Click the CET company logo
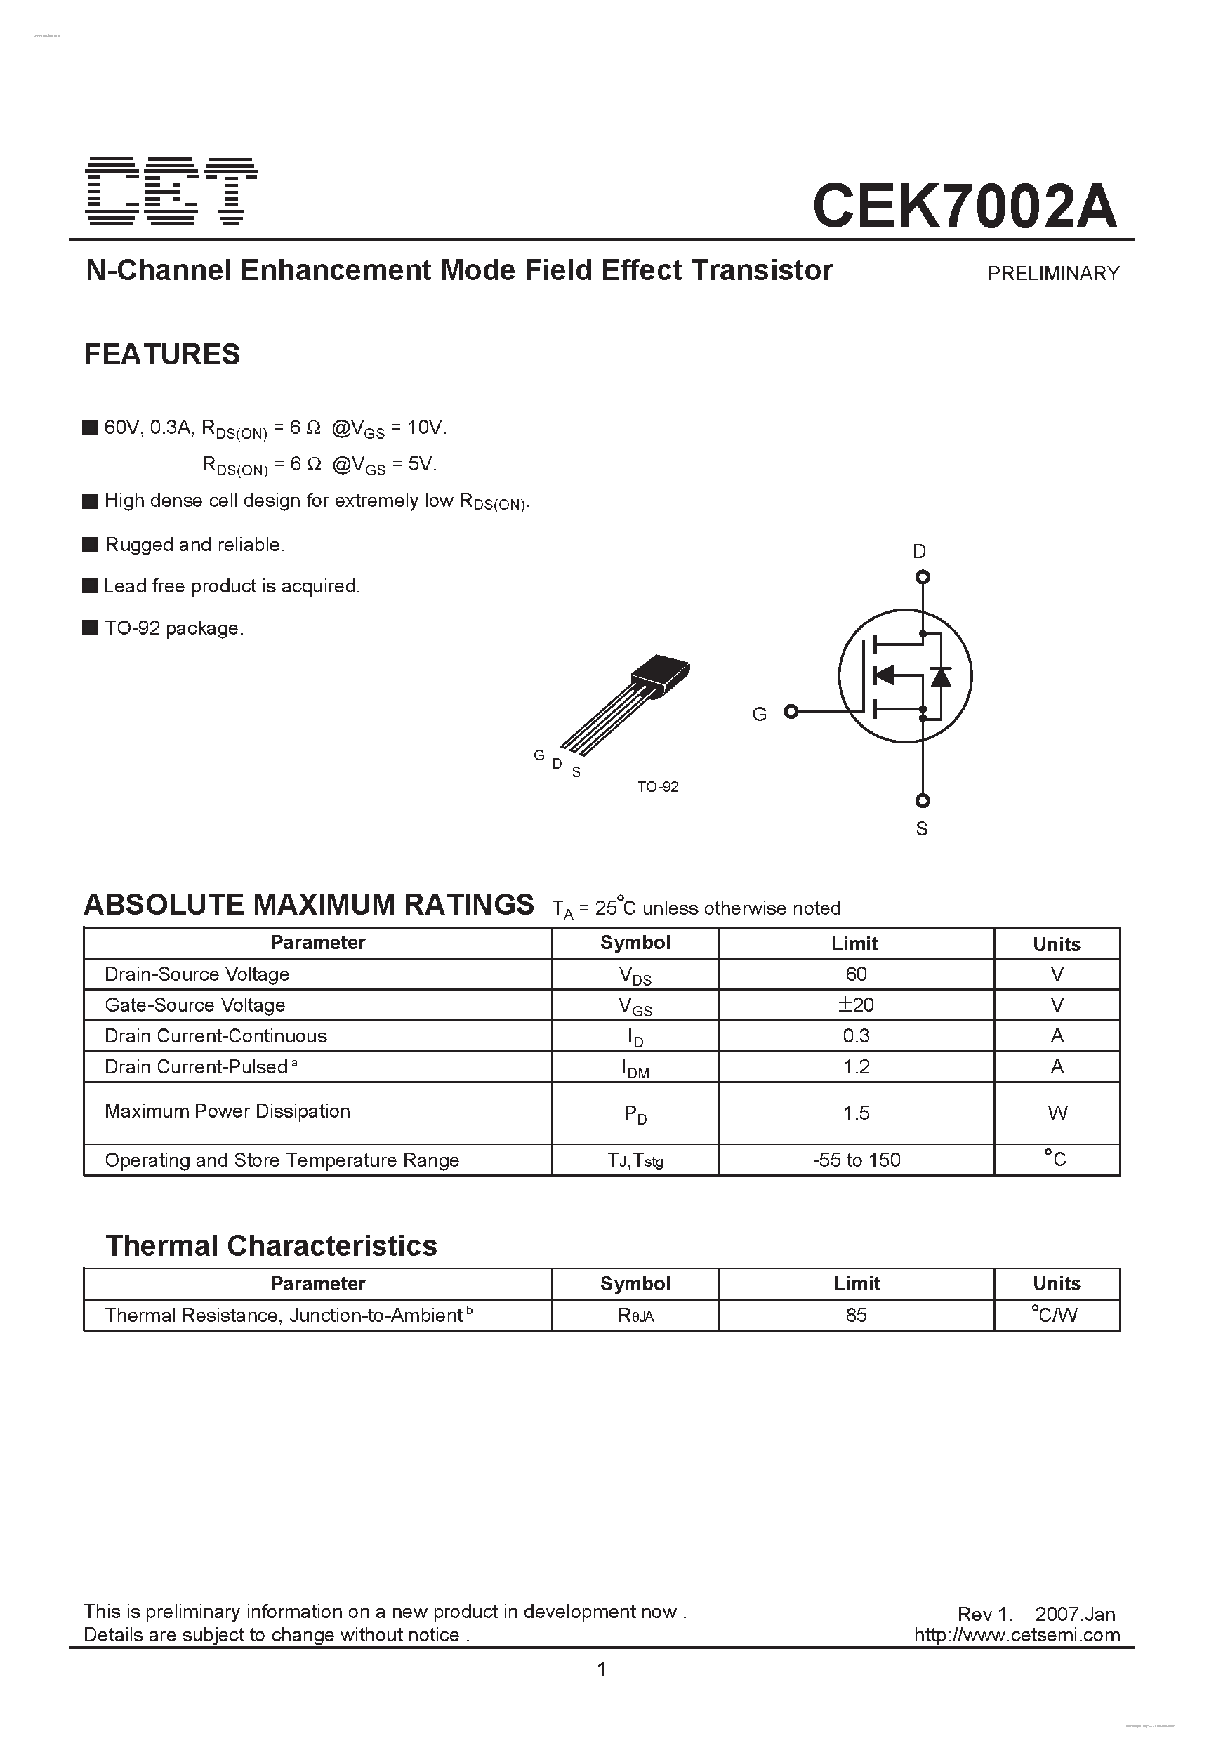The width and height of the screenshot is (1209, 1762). (171, 191)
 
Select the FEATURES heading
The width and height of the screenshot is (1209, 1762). (161, 355)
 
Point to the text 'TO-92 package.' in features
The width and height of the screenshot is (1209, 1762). (173, 628)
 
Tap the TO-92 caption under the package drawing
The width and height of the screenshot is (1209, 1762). (658, 787)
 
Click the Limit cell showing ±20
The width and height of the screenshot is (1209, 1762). (856, 1005)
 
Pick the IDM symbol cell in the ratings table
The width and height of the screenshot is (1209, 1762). (635, 1068)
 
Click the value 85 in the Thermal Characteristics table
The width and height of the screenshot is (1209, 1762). (856, 1316)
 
